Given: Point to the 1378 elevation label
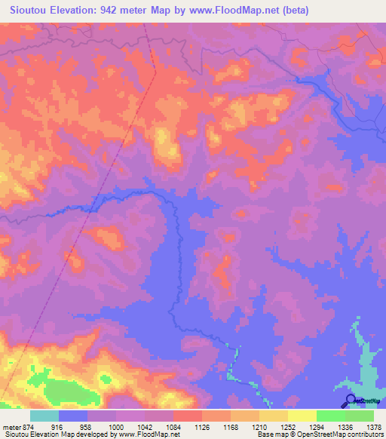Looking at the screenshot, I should click(x=374, y=426).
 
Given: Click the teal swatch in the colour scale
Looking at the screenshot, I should click(x=44, y=416).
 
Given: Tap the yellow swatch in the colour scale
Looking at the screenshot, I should click(x=302, y=416).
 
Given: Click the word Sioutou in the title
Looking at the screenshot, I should click(x=29, y=11).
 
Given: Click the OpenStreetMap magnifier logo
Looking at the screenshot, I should click(x=351, y=400).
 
